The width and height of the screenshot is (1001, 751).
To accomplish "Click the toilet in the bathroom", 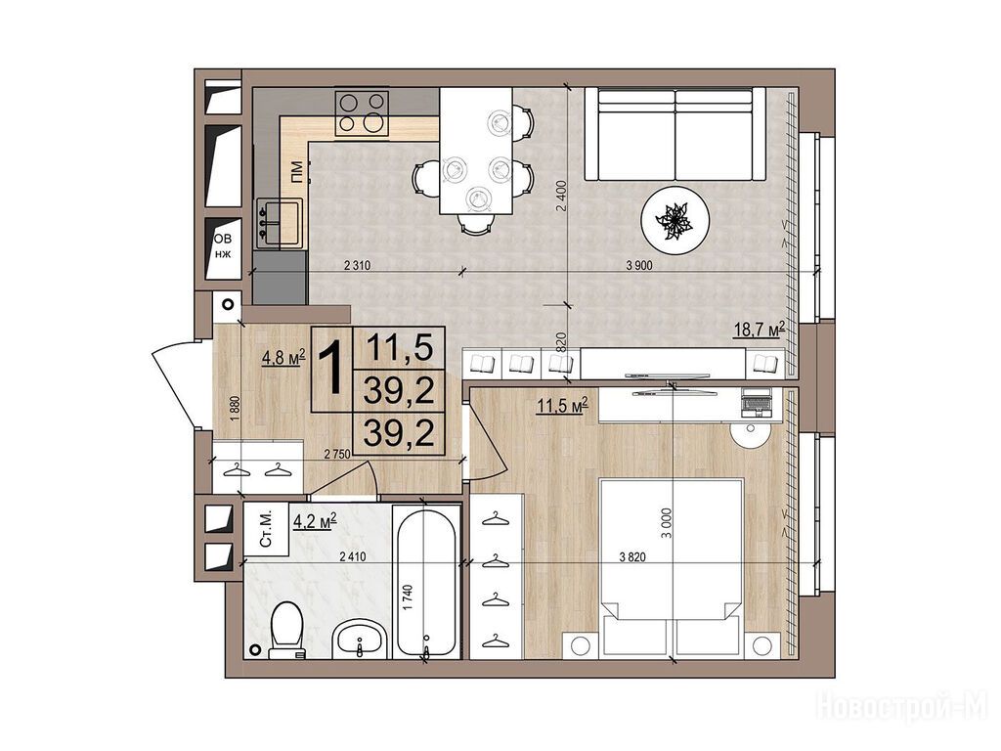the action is point(286,631).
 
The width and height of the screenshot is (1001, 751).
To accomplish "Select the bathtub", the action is point(426,582).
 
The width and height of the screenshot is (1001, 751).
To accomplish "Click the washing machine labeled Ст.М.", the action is point(266,529).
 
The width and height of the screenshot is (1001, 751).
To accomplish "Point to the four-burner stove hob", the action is point(362,113).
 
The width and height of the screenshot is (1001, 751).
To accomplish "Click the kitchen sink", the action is point(280,222).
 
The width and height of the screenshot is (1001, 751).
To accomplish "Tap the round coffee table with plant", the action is point(675,219).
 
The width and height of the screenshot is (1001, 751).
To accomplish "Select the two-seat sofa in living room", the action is point(675,135).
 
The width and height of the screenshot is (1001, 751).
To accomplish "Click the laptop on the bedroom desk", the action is point(757,402).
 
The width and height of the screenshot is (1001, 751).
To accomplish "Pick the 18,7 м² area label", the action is point(758,330).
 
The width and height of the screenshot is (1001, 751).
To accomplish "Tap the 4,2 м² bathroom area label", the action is point(315,522).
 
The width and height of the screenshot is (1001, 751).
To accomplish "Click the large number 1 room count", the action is point(332,368).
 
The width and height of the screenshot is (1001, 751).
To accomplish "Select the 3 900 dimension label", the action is point(639,266).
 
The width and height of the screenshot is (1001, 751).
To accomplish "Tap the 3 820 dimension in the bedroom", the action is point(632,556).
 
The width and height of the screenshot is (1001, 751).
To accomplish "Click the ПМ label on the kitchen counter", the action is point(296,173).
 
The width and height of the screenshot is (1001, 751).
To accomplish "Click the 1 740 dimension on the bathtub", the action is point(409,597).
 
